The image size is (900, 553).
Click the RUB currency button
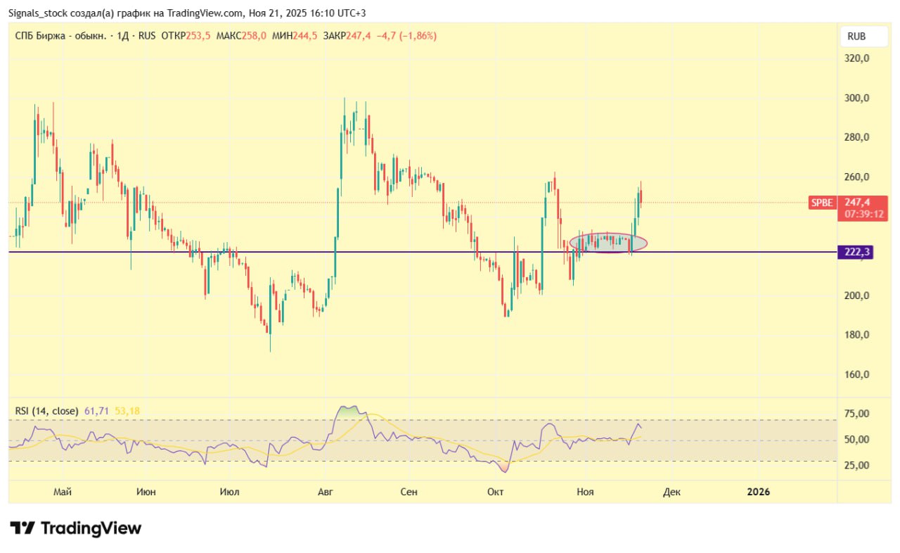pos(856,37)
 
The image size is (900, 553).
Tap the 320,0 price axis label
pos(856,58)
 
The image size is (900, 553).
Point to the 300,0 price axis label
pos(856,98)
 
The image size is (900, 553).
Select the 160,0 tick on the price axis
pos(856,374)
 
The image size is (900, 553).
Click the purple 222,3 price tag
pos(855,252)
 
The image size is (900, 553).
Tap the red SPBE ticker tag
pos(821,203)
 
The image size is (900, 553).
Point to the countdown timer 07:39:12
pos(864,214)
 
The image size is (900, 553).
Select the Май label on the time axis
pos(63,492)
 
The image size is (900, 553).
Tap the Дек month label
pos(671,492)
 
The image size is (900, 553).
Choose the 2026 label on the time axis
pos(759,492)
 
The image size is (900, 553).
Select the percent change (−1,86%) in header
pos(418,35)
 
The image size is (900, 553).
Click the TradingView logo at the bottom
pos(76,528)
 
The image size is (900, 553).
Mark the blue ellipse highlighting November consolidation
pos(608,243)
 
